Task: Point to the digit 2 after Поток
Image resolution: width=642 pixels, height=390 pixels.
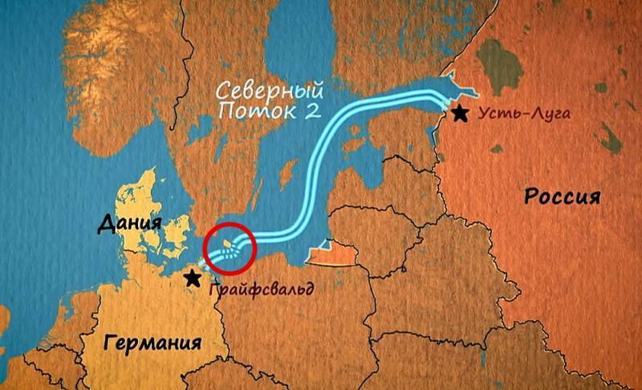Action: pyautogui.click(x=293, y=111)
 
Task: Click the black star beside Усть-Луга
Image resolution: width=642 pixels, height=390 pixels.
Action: pyautogui.click(x=460, y=113)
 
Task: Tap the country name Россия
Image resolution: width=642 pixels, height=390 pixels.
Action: pyautogui.click(x=562, y=195)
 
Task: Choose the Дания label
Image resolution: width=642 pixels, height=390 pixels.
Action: pyautogui.click(x=129, y=222)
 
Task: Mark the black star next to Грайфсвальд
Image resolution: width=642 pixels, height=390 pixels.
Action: pyautogui.click(x=193, y=278)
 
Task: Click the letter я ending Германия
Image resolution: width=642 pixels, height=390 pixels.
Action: pyautogui.click(x=193, y=343)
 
